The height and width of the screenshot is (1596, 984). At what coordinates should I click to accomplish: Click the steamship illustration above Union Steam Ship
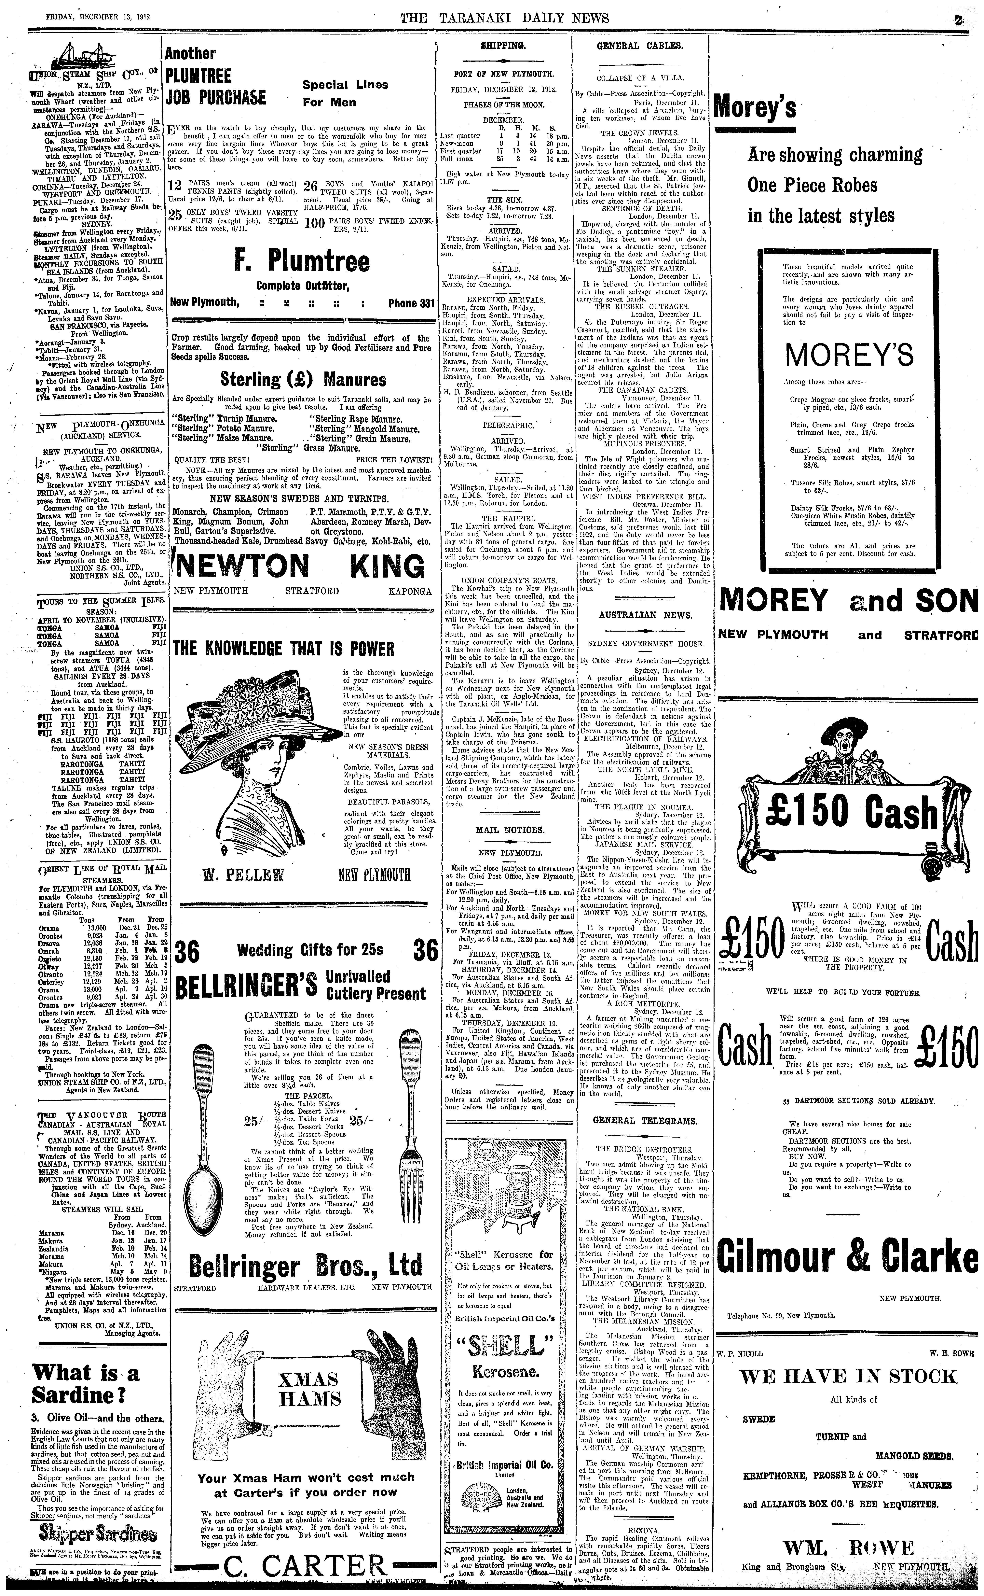tap(78, 57)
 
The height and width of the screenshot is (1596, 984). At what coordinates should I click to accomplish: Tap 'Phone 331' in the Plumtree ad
tap(411, 303)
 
